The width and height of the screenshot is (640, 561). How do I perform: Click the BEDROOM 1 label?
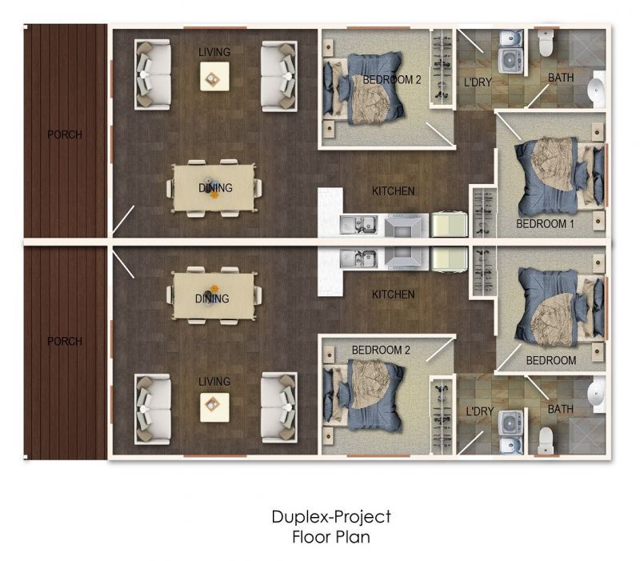click(545, 224)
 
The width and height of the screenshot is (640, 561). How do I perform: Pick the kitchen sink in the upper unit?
click(357, 226)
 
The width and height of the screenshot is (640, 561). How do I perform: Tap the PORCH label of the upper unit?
click(64, 134)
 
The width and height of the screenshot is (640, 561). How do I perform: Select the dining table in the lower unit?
click(214, 296)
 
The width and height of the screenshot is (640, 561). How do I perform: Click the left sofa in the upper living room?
click(153, 75)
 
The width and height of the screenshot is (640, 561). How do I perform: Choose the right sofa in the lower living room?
click(279, 407)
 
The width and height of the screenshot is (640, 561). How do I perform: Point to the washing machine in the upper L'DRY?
click(510, 58)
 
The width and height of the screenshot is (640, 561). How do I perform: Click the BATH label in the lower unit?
click(560, 410)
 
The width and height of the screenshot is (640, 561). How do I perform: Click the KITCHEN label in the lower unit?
click(393, 295)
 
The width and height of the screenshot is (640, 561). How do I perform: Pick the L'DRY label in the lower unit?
click(480, 411)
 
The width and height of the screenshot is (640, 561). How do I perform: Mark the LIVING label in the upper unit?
click(214, 52)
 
